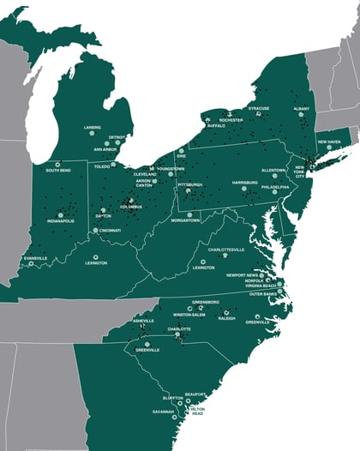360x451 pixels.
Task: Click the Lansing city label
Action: (93, 127)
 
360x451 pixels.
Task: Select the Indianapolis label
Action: (60, 220)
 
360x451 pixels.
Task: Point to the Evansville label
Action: (36, 257)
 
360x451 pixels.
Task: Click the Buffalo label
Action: (216, 125)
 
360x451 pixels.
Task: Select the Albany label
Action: (301, 109)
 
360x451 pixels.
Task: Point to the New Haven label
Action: (329, 141)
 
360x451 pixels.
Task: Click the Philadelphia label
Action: (275, 185)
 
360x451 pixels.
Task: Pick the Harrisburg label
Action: (244, 182)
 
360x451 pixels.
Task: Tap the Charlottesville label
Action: (226, 250)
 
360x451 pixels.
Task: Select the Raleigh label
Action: (227, 318)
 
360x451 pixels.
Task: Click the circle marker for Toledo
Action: (113, 164)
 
